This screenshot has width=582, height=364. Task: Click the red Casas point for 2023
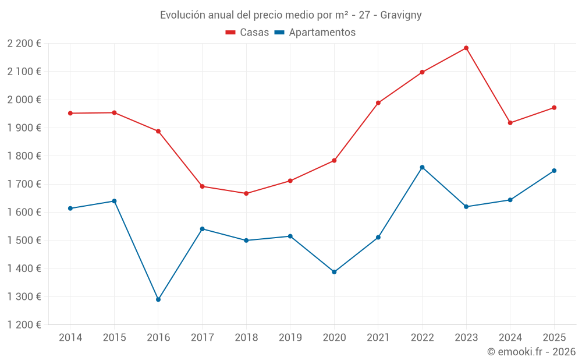point(466,48)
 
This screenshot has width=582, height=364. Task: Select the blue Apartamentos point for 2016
point(158,299)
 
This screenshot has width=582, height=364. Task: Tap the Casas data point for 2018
point(246,193)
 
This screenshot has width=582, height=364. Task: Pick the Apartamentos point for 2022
point(422,167)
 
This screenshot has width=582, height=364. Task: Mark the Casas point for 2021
point(378,103)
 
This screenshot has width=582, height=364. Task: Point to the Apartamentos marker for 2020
point(334,272)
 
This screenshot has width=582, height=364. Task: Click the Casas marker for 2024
point(510,123)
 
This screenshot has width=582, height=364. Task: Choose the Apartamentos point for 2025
point(554,171)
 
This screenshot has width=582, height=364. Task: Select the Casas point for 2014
point(70,113)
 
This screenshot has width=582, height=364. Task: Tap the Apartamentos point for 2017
point(202,229)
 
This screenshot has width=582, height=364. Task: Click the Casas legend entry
point(247,33)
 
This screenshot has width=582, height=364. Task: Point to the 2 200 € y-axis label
point(24,44)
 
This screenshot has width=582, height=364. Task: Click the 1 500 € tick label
point(24,241)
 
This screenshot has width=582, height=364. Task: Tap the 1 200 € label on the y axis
point(24,325)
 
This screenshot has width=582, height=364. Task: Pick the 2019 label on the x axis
point(290,337)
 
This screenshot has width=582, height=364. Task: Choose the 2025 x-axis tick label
point(554,337)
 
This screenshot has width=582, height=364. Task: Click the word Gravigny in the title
point(401,15)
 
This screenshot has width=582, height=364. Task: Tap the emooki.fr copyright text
point(531,352)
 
